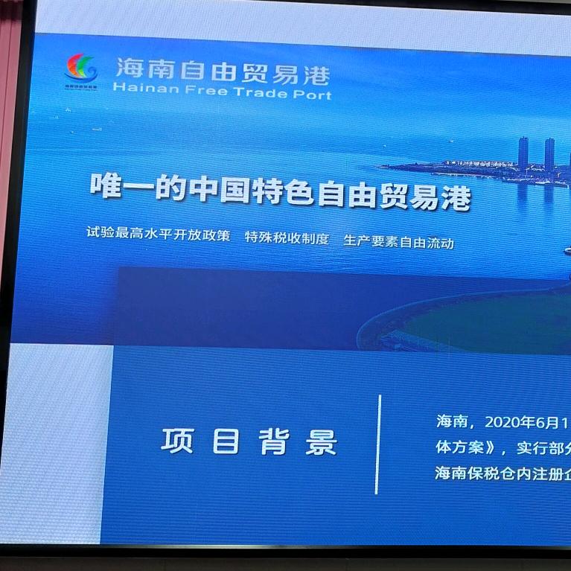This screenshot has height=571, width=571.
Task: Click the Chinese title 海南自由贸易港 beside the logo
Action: [222, 72]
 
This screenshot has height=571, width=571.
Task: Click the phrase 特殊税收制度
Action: [287, 240]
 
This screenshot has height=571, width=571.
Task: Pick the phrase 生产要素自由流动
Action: [398, 242]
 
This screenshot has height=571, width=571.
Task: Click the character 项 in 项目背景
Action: [176, 441]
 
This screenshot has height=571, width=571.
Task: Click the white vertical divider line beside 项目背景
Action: [378, 444]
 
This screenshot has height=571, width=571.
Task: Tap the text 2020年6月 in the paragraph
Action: [522, 422]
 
